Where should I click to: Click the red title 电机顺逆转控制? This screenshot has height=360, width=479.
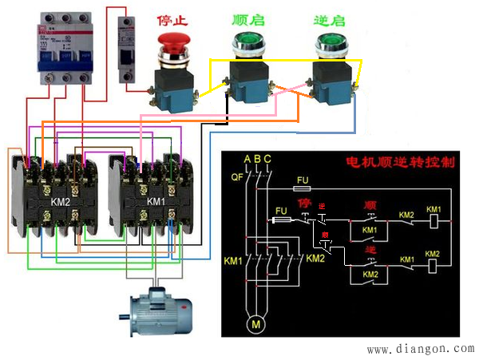[x=399, y=162]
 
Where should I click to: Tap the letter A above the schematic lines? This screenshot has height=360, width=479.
[x=247, y=159]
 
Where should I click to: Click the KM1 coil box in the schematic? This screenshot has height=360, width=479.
[x=433, y=218]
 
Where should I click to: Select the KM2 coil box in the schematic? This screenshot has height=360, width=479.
[x=433, y=263]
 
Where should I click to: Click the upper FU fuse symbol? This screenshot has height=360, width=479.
[x=303, y=191]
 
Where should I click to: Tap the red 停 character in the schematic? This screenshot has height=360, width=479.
[x=303, y=203]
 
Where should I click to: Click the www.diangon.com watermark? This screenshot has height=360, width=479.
[x=420, y=350]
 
